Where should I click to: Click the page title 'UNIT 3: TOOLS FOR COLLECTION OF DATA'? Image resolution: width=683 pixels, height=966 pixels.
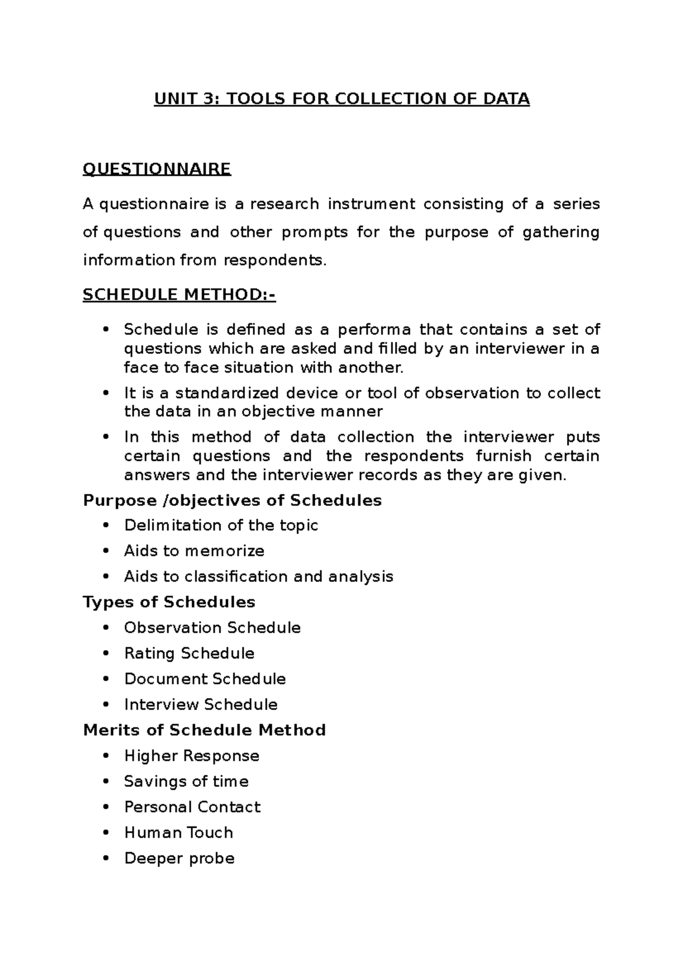coord(341,99)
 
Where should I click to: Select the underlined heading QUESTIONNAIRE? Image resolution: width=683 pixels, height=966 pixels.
coord(157,169)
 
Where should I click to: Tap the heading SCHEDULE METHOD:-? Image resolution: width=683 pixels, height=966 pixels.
coord(179,295)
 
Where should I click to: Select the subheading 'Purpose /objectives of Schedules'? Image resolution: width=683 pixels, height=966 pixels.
coord(232,500)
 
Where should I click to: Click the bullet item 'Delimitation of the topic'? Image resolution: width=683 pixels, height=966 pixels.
coord(221,525)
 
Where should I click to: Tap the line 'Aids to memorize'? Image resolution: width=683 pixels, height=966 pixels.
coord(194,551)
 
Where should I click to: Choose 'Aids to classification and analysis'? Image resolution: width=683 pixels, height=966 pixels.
coord(258,576)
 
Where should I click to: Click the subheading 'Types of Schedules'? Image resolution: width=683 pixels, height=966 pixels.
coord(169,602)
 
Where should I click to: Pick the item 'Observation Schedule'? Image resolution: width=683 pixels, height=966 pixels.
coord(212,628)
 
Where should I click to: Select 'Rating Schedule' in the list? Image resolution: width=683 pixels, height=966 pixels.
coord(189,653)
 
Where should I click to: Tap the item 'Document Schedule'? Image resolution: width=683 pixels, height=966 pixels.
coord(205,679)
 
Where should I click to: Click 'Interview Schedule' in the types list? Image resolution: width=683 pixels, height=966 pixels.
coord(200,704)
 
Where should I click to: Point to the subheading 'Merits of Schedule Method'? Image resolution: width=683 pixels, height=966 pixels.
coord(204,730)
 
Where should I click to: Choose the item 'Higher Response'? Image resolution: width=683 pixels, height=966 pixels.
coord(192,756)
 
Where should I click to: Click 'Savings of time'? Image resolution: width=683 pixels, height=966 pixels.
coord(186,781)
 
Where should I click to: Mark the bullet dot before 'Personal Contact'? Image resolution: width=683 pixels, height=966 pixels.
coord(106,807)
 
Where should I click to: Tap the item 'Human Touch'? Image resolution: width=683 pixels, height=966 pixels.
coord(179,832)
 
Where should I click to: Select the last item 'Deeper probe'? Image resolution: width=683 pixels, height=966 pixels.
coord(179,858)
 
